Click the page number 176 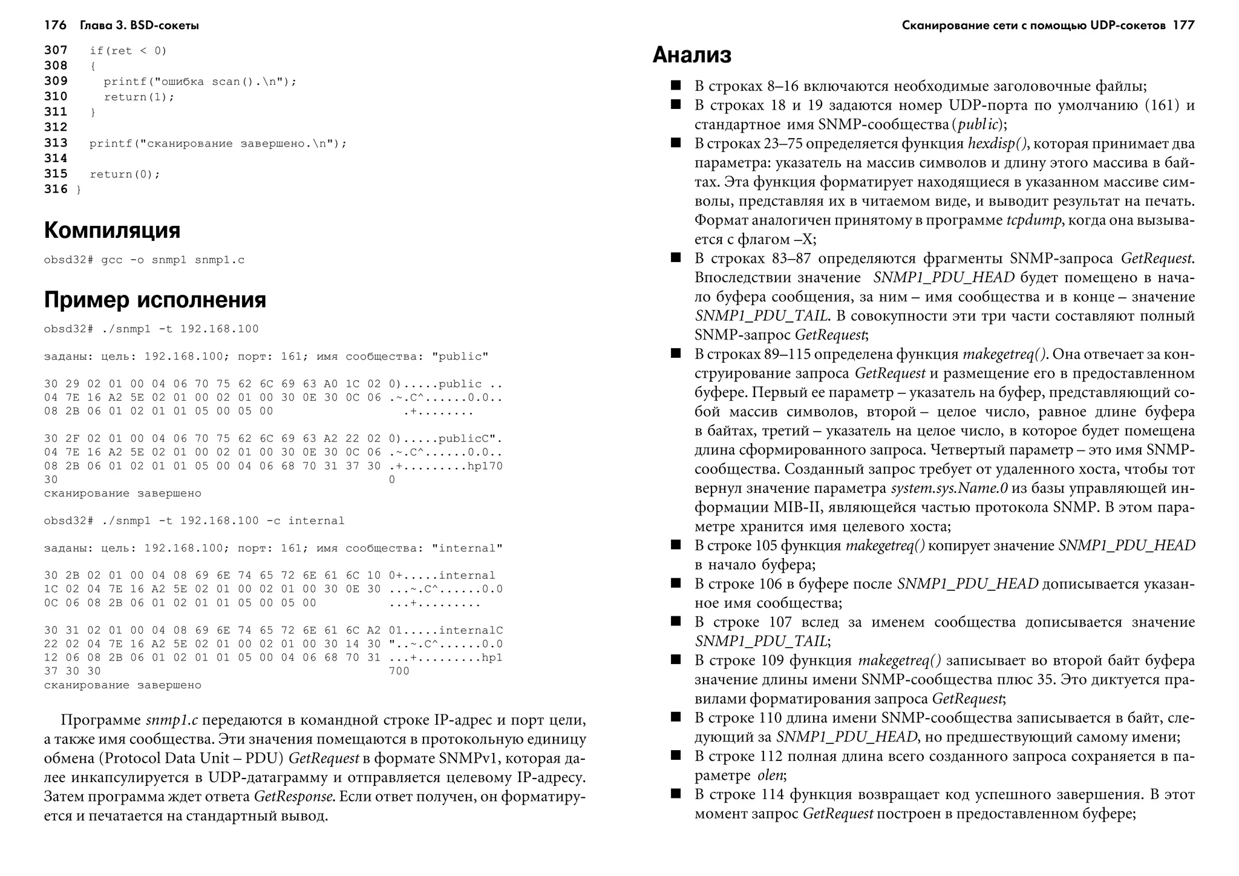[55, 25]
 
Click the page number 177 [1183, 25]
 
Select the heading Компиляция [112, 231]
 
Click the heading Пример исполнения [155, 300]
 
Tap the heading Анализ [691, 55]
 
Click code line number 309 [56, 81]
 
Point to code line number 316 [56, 189]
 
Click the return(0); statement [125, 174]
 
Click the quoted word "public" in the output [460, 357]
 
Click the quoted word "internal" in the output [467, 548]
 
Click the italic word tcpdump [1033, 220]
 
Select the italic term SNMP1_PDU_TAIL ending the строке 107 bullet [760, 641]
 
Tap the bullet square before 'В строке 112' [676, 756]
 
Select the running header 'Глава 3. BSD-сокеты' [139, 25]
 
